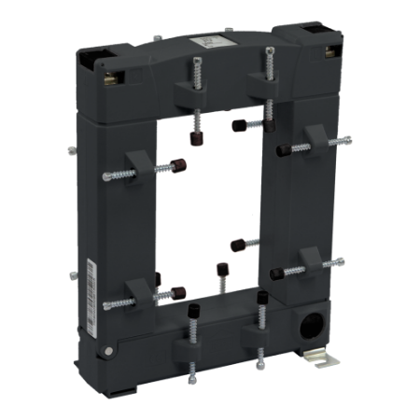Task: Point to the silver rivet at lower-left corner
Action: (x=110, y=352)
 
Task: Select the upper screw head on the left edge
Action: (x=72, y=148)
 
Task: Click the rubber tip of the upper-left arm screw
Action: (x=175, y=168)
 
